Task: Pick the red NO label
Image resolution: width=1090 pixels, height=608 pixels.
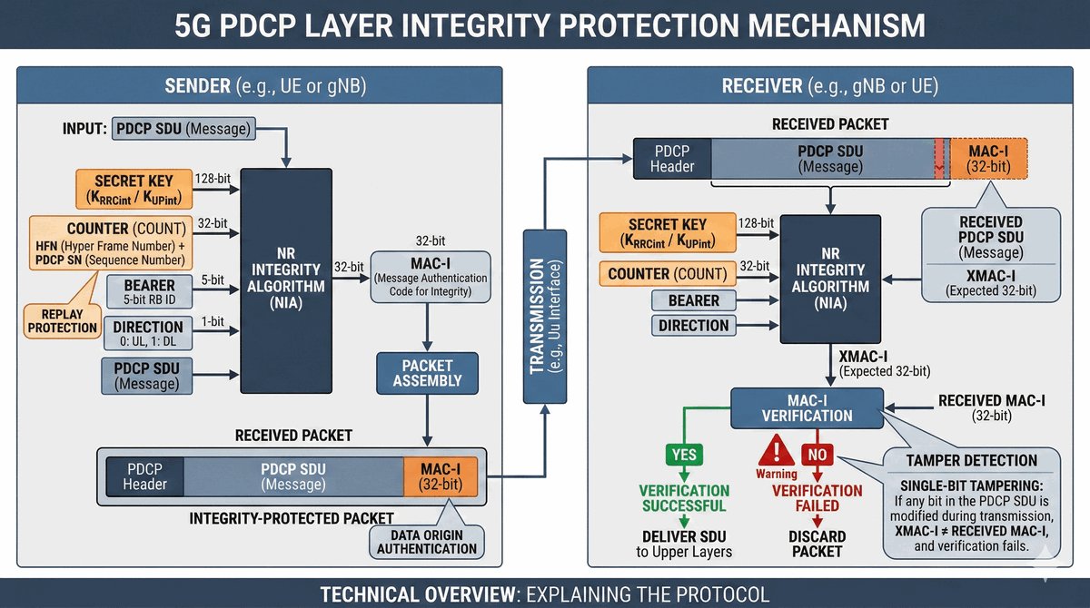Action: click(817, 455)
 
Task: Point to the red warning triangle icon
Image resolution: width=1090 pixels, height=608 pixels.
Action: click(777, 450)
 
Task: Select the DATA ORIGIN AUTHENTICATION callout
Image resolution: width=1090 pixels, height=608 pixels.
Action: click(427, 542)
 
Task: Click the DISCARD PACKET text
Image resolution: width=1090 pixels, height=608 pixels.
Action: click(817, 543)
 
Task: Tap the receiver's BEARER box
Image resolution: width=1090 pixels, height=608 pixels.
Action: click(693, 300)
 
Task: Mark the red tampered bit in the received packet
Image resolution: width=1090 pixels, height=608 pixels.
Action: click(939, 158)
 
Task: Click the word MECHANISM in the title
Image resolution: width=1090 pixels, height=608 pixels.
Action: click(818, 25)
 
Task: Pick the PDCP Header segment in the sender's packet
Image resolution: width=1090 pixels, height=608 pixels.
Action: click(145, 476)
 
